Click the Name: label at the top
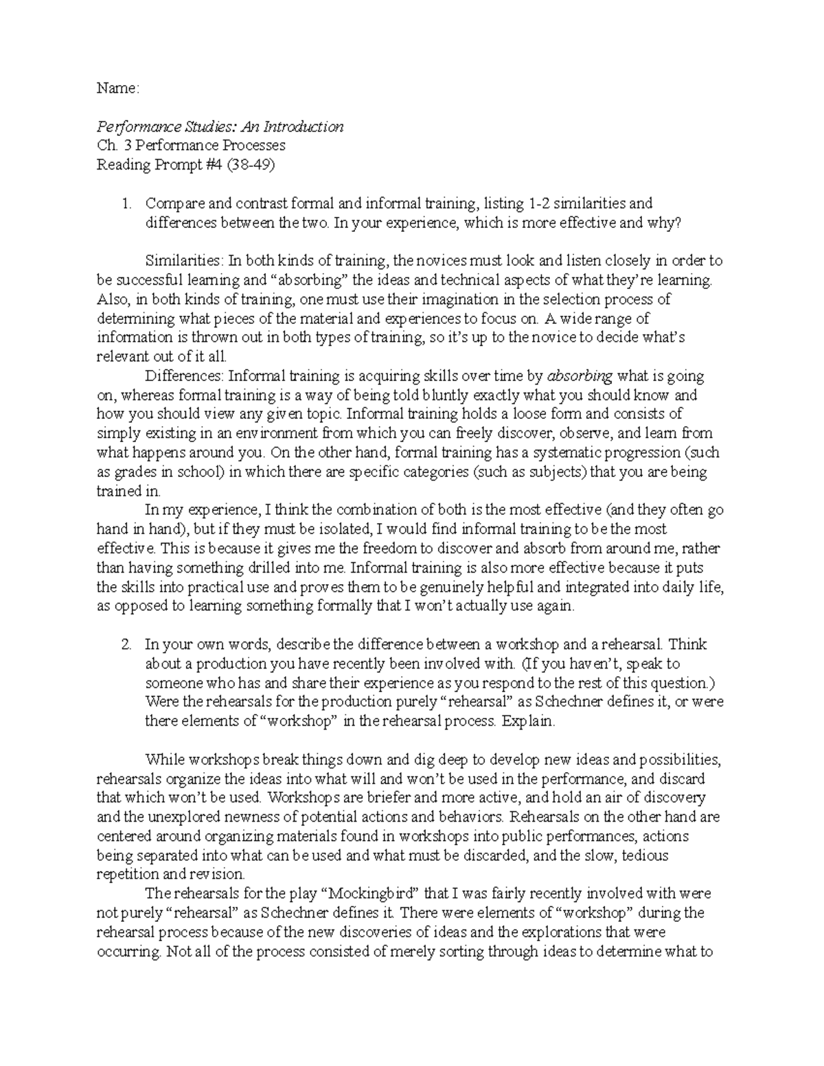(x=117, y=88)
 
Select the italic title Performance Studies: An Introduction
(x=220, y=127)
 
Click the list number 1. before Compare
(x=126, y=203)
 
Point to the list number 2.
(x=126, y=645)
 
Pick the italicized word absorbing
(x=580, y=376)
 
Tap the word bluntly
(x=446, y=395)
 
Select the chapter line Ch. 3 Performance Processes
(x=191, y=146)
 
